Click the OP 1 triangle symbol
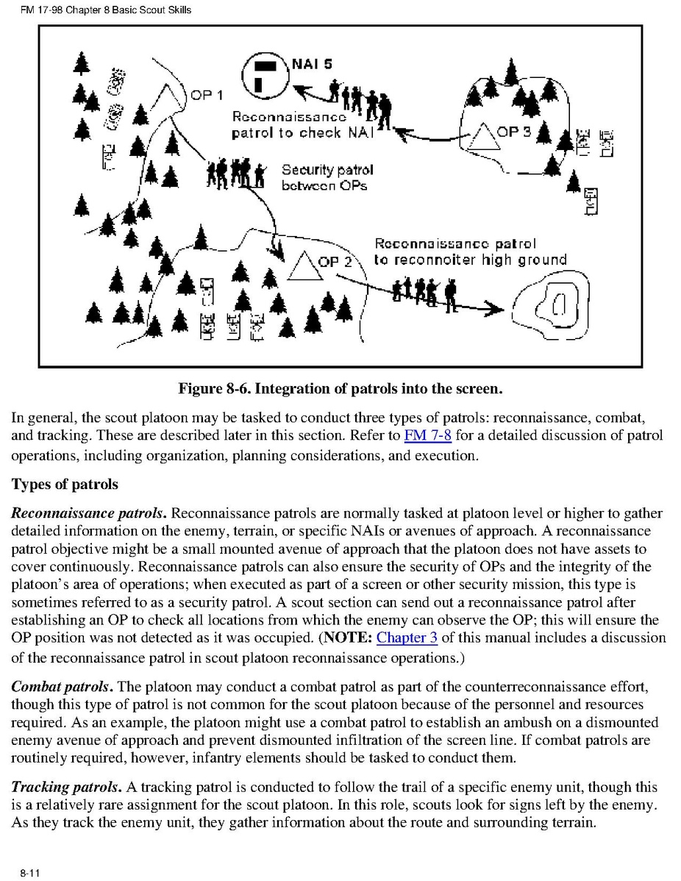click(171, 96)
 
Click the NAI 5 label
click(312, 64)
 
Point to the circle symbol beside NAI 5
click(265, 74)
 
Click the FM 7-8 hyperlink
click(427, 435)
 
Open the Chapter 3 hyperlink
click(407, 638)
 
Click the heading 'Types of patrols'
click(65, 484)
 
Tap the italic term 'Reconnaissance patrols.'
click(89, 513)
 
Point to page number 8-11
click(30, 872)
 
